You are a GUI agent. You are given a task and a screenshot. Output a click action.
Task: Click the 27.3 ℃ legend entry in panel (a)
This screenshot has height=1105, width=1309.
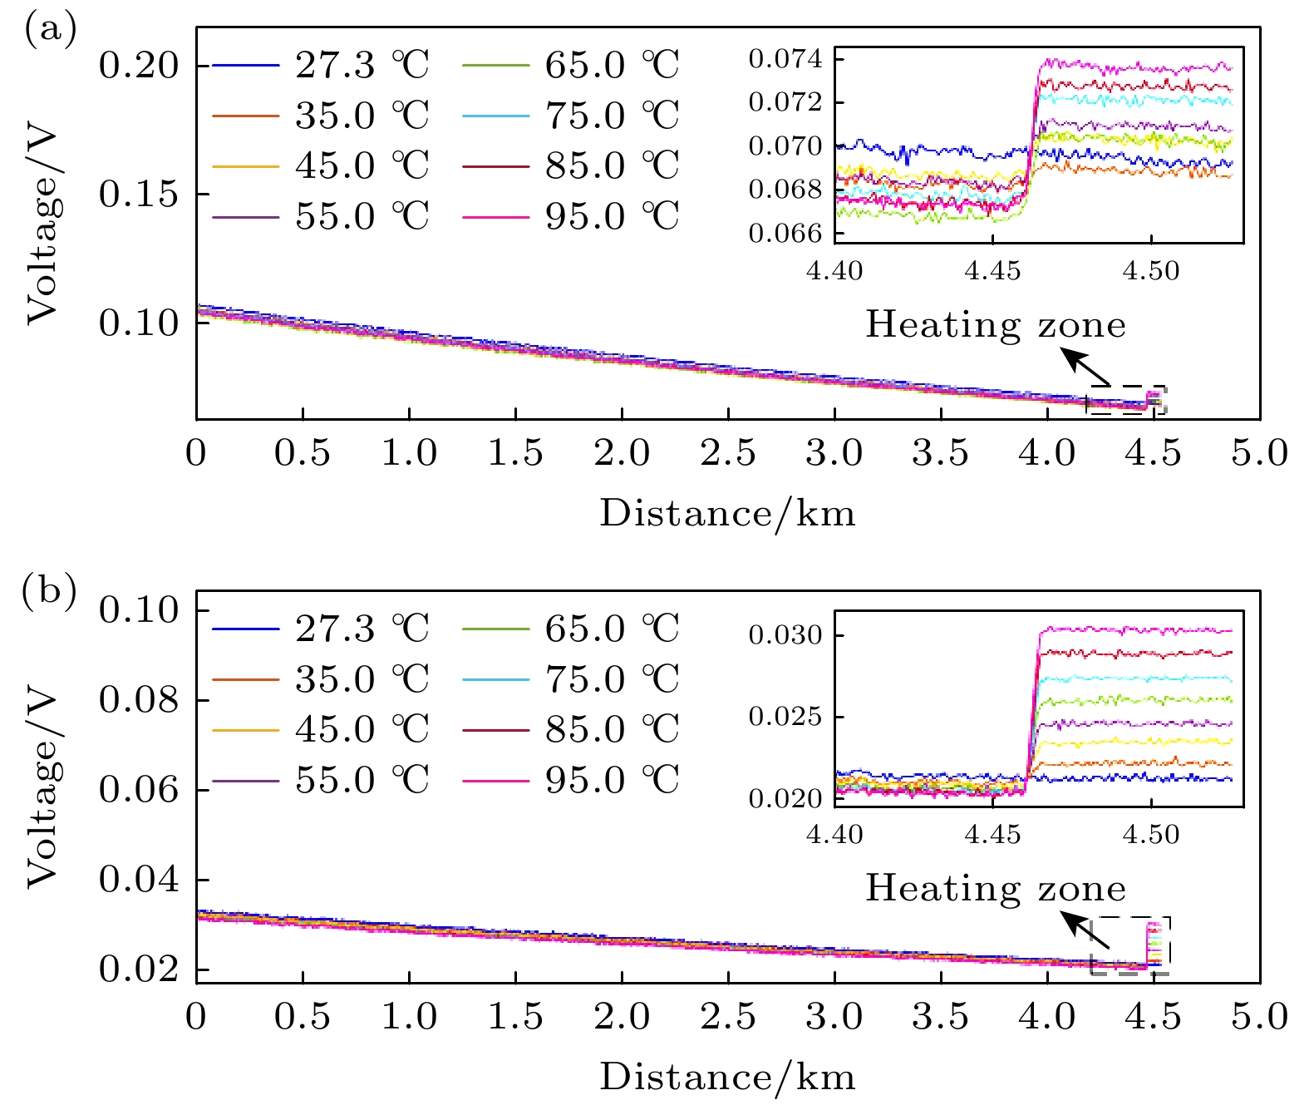coord(320,65)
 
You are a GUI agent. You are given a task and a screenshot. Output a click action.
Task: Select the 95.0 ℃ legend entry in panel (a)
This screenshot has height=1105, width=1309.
coord(570,216)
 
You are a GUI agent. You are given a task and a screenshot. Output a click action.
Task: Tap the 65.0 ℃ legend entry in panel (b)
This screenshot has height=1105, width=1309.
coord(570,629)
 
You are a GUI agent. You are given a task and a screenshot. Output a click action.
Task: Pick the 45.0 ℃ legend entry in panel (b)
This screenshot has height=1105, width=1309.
coord(320,729)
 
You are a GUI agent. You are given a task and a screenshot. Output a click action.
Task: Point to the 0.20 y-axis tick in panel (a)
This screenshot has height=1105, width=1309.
coord(139,66)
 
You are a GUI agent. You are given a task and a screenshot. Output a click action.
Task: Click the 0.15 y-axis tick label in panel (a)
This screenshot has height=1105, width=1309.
coord(139,195)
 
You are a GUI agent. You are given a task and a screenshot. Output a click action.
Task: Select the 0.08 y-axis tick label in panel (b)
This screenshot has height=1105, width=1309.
coord(139,700)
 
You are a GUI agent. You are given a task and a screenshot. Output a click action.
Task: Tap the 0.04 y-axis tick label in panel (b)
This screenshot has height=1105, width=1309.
coord(139,880)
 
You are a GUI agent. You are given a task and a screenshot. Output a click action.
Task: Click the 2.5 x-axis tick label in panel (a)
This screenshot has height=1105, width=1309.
coord(728,454)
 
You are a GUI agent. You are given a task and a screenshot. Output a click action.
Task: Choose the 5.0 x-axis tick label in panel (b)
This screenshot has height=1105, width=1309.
coord(1260,1017)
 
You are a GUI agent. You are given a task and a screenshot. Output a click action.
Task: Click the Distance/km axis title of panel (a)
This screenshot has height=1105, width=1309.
coord(727,513)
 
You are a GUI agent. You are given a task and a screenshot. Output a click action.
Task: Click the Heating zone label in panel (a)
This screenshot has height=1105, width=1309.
coord(996,324)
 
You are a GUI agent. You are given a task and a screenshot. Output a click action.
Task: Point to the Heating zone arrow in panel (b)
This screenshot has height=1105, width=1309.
coord(1087,931)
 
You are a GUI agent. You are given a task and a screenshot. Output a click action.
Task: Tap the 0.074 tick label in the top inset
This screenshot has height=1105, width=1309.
coord(785,59)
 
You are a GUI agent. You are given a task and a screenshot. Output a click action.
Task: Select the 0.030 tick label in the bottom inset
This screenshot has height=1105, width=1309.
coord(785,635)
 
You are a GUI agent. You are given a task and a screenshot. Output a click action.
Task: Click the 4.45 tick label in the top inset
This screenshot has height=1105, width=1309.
coord(992,271)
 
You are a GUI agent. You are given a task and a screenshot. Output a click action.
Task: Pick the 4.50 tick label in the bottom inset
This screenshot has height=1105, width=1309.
coord(1150,834)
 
